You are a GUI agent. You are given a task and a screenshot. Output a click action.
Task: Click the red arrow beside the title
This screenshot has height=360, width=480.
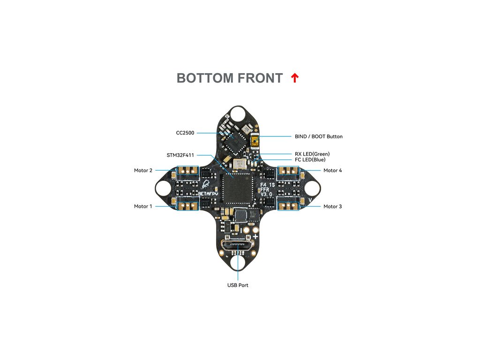(294, 78)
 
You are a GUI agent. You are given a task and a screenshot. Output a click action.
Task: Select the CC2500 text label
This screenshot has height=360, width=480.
(185, 133)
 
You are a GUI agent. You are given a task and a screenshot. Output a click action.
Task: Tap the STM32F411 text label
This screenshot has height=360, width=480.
(180, 155)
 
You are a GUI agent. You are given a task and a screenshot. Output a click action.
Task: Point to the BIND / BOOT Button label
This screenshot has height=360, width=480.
(319, 136)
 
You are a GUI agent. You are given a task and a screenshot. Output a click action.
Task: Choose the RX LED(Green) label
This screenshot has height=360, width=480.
(312, 154)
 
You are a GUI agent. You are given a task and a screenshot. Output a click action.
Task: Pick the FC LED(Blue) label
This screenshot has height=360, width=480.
(310, 160)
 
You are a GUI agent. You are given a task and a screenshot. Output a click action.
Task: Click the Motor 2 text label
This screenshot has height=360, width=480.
(143, 171)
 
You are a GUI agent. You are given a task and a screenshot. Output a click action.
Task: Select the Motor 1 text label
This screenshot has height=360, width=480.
(143, 206)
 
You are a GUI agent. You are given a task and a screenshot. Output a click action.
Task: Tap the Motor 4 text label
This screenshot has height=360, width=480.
(333, 171)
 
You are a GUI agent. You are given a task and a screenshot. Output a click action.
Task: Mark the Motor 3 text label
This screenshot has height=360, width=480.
(333, 206)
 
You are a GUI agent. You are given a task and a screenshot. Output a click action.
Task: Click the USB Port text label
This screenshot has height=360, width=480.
(238, 285)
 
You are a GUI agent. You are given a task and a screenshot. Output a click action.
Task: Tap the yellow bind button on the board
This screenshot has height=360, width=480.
(255, 141)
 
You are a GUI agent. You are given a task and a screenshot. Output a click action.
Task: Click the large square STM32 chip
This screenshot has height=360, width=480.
(236, 187)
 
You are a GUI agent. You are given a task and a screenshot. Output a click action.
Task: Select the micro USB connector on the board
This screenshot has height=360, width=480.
(238, 247)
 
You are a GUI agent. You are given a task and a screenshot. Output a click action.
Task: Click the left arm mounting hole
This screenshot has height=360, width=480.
(163, 188)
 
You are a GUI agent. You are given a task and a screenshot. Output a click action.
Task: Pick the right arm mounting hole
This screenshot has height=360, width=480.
(312, 188)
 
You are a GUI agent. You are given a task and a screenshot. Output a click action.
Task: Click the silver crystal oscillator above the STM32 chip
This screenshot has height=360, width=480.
(240, 165)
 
